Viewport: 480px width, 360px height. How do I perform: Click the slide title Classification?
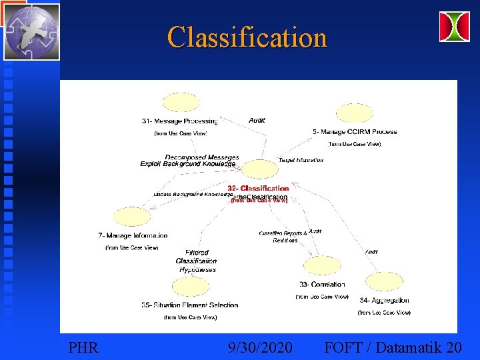[x=247, y=37]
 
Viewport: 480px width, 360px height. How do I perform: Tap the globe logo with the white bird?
[x=31, y=31]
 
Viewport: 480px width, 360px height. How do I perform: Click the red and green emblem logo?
[x=454, y=27]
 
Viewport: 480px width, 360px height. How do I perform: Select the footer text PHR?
[x=83, y=347]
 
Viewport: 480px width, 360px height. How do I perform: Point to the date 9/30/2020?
[x=259, y=347]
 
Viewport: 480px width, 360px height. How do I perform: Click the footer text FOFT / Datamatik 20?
[x=392, y=347]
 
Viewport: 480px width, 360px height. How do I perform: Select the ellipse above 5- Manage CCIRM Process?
[x=353, y=113]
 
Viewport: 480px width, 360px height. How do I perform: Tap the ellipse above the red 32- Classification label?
[x=257, y=170]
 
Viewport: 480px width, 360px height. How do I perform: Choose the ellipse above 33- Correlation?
[x=321, y=266]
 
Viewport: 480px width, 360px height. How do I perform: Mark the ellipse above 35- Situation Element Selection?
[x=190, y=287]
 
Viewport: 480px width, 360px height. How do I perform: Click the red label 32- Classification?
[x=258, y=189]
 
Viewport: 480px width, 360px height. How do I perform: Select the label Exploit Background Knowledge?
[x=187, y=164]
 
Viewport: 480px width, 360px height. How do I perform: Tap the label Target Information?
[x=301, y=160]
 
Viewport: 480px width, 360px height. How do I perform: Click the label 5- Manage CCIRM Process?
[x=354, y=132]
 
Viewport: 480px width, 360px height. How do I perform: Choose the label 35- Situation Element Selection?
[x=190, y=305]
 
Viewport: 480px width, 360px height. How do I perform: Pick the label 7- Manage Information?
[x=133, y=235]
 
